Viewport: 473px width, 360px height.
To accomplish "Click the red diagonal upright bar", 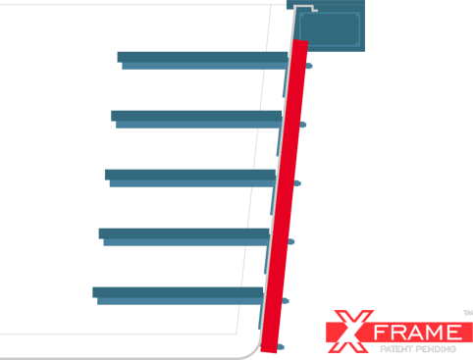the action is coord(285,196).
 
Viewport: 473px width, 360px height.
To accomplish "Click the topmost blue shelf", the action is coord(203,61).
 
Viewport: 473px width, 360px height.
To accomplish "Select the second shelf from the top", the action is coord(196,120).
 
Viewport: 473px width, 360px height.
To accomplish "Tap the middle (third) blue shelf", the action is coord(190,179).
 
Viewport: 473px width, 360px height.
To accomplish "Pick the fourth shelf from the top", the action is coord(184,237).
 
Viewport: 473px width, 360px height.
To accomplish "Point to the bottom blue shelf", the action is coord(178,296).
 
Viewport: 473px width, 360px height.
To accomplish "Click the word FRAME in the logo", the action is coord(418,333).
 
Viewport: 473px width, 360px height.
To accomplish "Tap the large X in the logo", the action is coord(350,332).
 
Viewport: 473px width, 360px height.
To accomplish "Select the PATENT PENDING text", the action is coord(418,349).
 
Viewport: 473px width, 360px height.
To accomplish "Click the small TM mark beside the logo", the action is coord(468,313).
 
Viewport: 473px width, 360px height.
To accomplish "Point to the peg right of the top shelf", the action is coord(308,66).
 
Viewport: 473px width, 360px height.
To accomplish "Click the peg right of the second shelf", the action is coord(302,125).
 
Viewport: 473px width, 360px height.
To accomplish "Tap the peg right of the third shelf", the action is coord(296,183).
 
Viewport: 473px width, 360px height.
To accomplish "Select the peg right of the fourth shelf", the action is coord(290,242).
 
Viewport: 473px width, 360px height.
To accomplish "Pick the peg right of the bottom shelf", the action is coord(285,301).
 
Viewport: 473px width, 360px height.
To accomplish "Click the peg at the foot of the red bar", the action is coord(280,347).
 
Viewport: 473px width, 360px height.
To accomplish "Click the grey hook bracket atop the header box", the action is coord(305,8).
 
